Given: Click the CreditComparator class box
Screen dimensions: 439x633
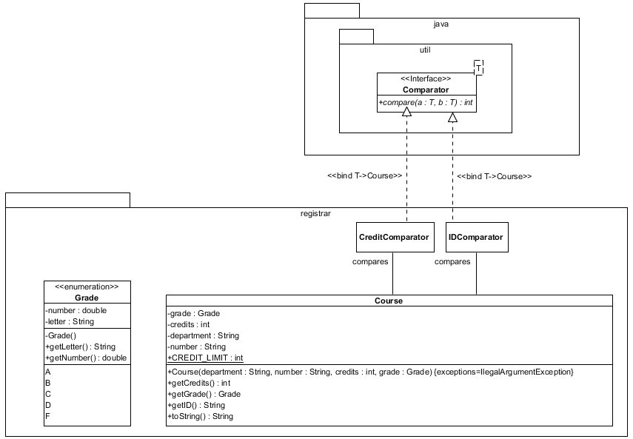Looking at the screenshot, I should click(x=393, y=237).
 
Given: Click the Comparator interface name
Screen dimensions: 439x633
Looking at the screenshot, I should click(x=425, y=90).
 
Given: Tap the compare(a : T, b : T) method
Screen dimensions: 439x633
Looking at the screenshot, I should click(x=426, y=102).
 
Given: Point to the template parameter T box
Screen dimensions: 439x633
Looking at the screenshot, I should click(x=478, y=68).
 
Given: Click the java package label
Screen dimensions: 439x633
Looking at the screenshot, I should click(x=441, y=24).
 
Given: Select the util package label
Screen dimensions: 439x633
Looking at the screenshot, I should click(x=425, y=50).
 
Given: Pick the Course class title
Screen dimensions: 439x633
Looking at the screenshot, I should click(x=389, y=301).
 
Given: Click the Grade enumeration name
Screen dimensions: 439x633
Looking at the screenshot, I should click(x=87, y=298).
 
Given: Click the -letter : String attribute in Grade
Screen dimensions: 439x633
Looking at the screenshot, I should click(x=70, y=322).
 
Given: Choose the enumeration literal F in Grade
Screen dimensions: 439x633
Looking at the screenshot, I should click(x=48, y=416).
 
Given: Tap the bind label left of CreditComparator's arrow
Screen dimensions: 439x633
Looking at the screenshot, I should click(x=364, y=176).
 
